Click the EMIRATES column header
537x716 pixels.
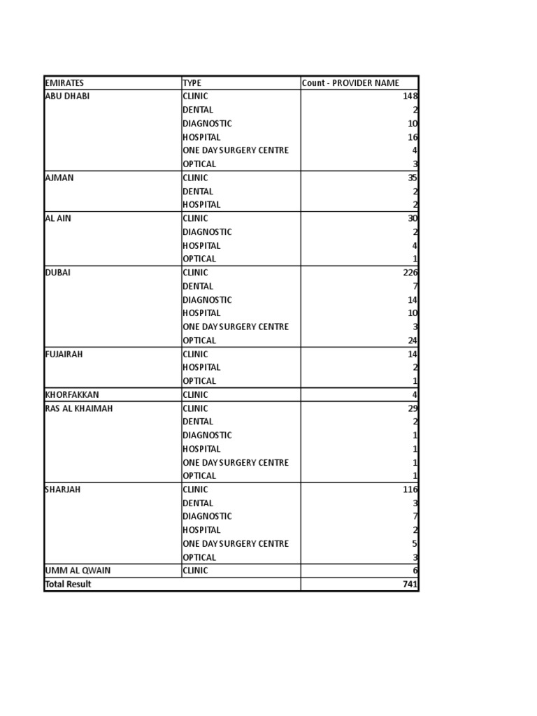pos(64,83)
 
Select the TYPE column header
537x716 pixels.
pos(192,83)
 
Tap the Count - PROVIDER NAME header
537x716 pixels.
pos(351,83)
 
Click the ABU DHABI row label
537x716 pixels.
pos(67,96)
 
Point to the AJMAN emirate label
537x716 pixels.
pos(59,178)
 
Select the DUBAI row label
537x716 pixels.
pos(58,273)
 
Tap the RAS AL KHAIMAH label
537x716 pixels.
pos(78,408)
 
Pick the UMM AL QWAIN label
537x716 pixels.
pos(78,571)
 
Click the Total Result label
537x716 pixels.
pos(69,584)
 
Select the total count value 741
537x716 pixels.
pos(410,584)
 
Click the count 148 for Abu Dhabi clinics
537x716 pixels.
pos(410,96)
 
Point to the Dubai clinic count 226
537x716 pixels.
pos(410,273)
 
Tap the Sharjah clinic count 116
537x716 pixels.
pos(410,489)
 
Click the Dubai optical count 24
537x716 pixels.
pos(413,341)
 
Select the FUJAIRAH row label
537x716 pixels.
pos(64,354)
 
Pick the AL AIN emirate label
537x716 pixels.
pos(58,218)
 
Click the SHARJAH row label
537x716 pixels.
pos(63,489)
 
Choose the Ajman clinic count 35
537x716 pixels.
pos(413,178)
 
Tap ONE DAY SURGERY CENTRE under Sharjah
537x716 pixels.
pos(236,543)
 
